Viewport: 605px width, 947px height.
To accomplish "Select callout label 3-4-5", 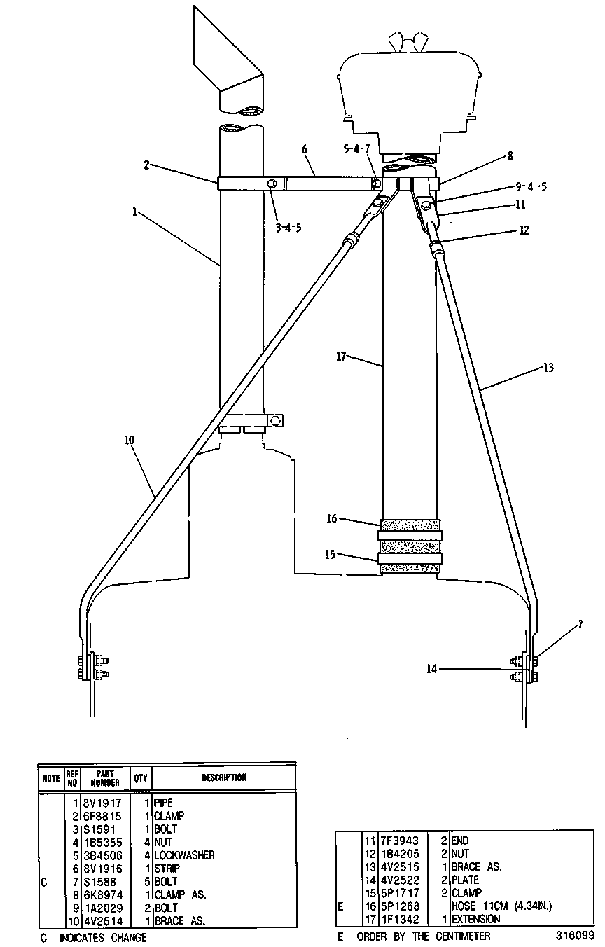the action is pos(288,228).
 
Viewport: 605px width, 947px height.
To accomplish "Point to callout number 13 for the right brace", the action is pos(548,368).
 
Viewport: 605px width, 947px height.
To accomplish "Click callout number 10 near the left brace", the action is pos(130,440).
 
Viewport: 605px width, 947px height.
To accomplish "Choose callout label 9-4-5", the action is pos(531,186).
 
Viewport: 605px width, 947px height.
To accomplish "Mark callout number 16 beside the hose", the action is pos(332,518).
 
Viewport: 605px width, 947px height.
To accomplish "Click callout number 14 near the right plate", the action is pos(431,669).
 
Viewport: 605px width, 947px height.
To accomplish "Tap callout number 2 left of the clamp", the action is pos(146,165).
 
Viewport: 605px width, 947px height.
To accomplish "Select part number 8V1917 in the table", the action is pos(103,803).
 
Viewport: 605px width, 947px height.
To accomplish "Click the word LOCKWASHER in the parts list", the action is pos(184,855).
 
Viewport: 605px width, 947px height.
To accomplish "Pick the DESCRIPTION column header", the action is pos(224,777).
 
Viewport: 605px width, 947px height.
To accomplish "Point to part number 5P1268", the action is pos(400,906).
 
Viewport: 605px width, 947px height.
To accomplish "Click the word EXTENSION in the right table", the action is pos(476,919).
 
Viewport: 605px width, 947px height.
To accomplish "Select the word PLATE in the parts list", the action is pos(466,880).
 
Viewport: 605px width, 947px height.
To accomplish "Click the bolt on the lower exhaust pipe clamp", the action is pos(276,421).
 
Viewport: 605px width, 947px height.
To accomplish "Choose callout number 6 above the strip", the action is pos(304,149).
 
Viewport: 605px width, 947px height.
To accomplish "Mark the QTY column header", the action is pos(141,777).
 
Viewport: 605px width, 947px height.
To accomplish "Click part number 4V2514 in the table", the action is pos(103,921).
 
